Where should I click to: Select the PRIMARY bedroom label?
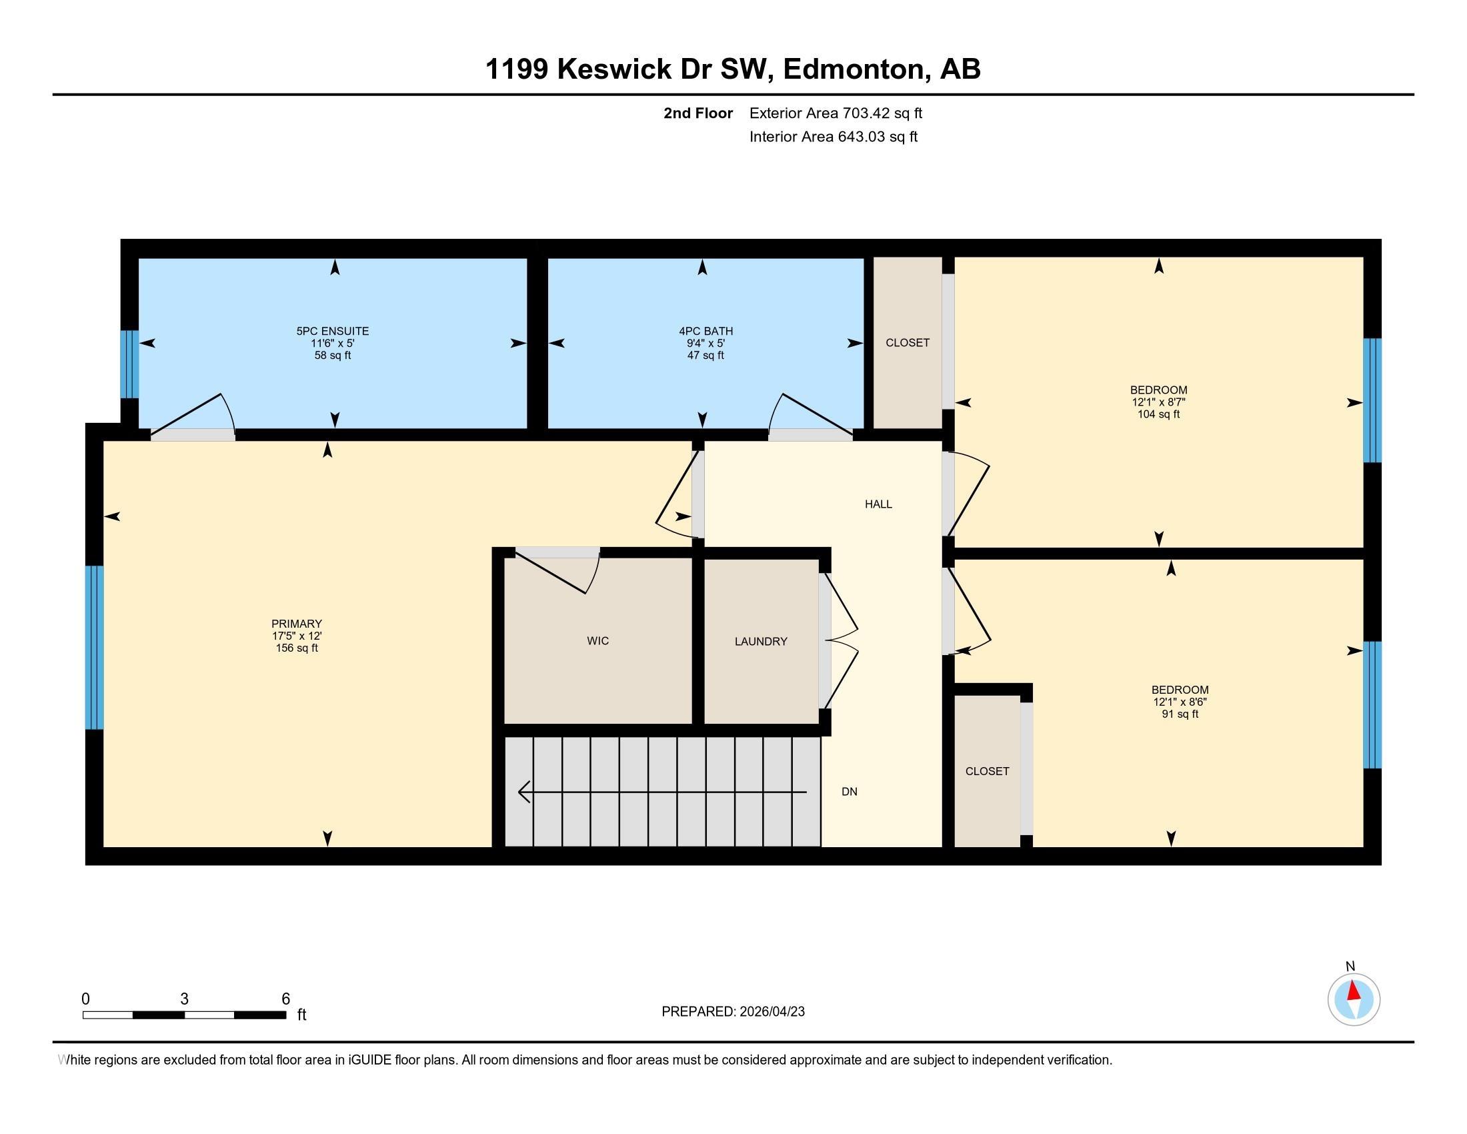click(296, 624)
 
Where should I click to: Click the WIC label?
click(598, 641)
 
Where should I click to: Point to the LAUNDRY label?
click(760, 642)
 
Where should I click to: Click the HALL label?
click(878, 504)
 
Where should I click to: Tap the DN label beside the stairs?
click(849, 791)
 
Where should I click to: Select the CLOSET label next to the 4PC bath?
click(908, 343)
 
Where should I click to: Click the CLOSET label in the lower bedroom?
click(987, 771)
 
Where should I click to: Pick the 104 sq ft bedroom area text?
click(1158, 414)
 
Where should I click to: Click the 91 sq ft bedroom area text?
click(1180, 714)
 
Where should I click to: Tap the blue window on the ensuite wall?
click(129, 364)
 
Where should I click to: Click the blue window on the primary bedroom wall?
click(94, 647)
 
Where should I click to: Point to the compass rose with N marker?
click(1354, 999)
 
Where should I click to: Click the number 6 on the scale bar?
click(285, 999)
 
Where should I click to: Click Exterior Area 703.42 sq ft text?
click(836, 113)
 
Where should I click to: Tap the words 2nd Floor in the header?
click(697, 113)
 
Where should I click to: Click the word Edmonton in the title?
click(852, 69)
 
